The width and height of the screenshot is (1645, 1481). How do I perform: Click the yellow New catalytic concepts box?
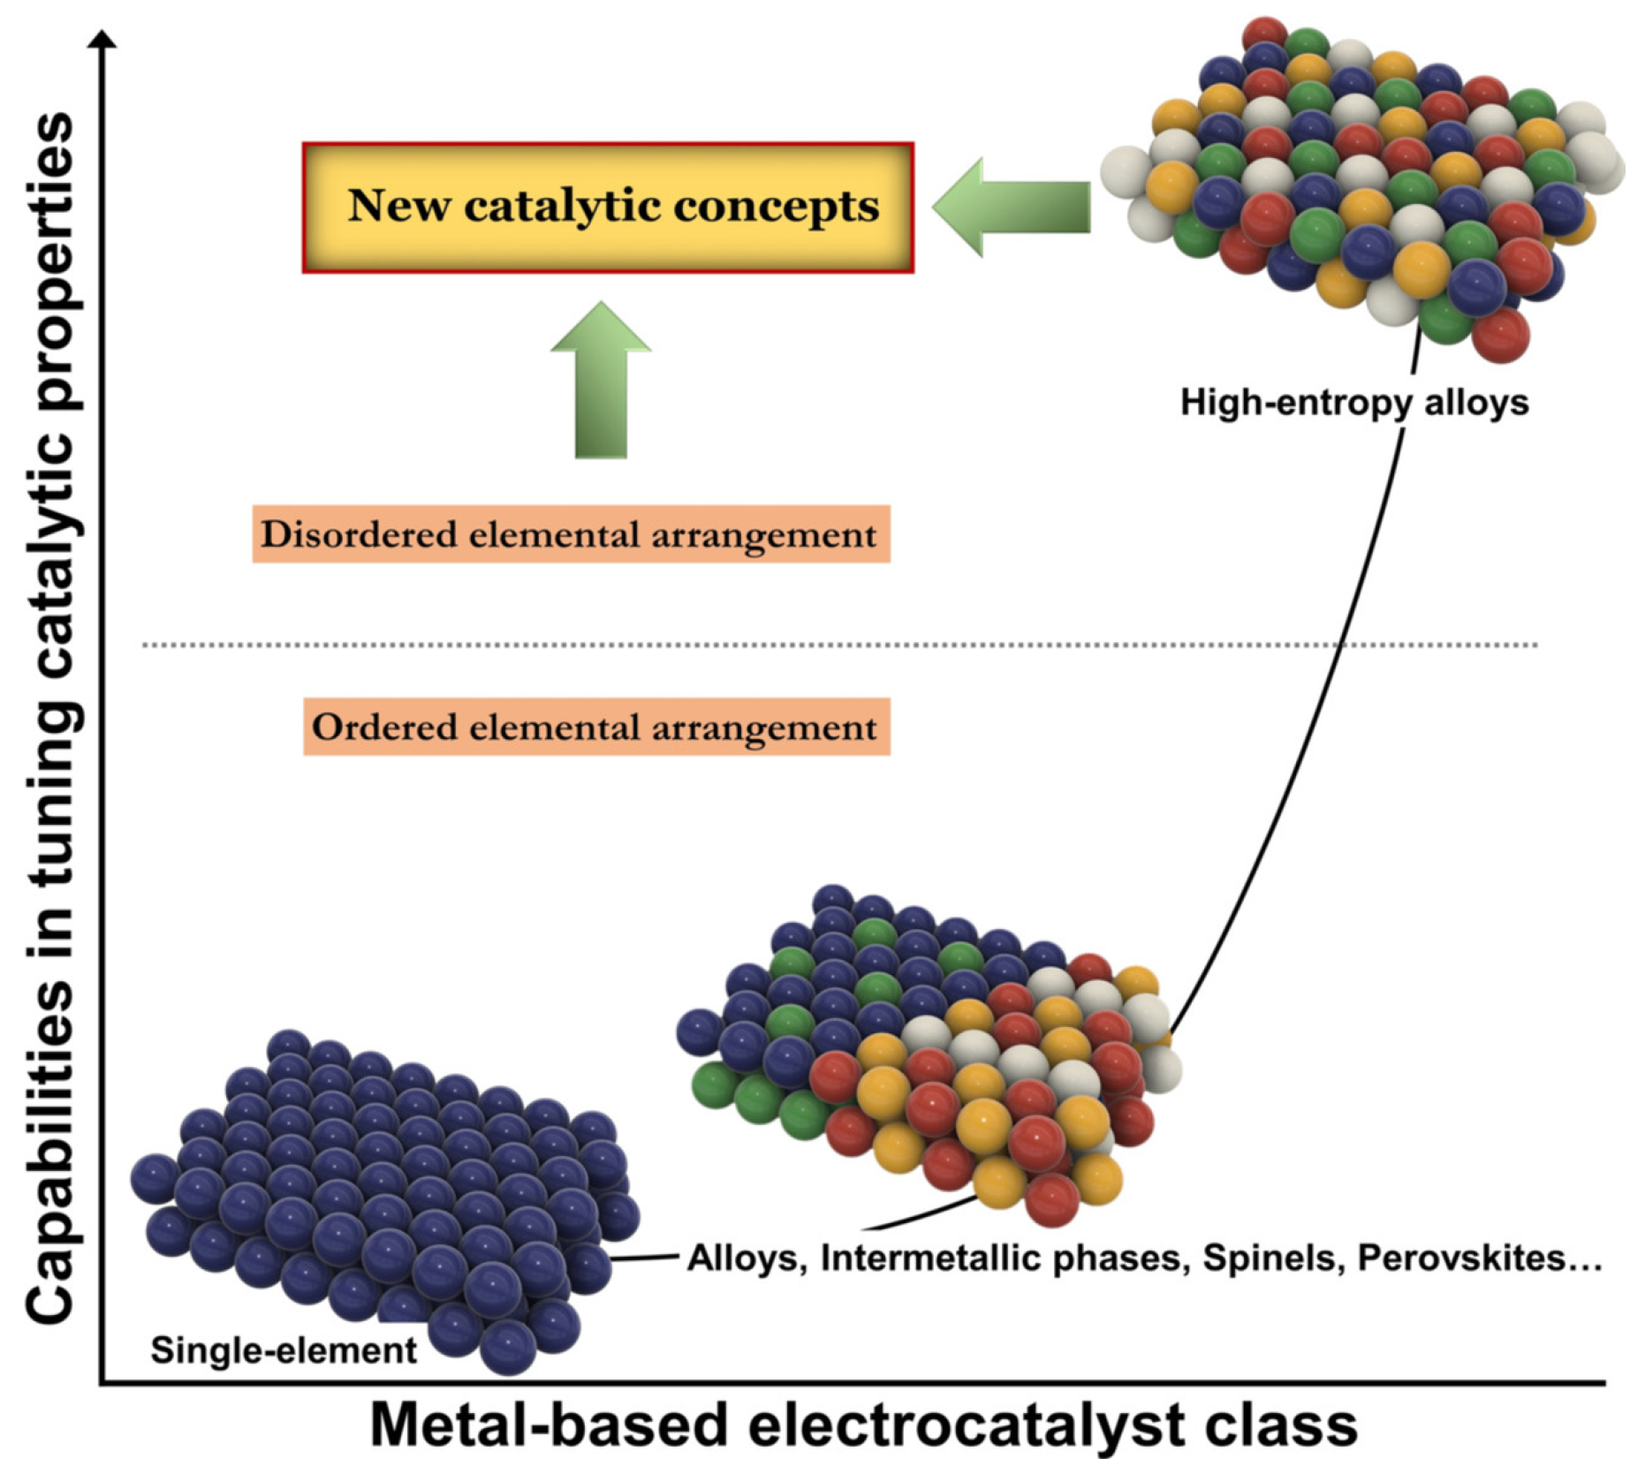pos(608,208)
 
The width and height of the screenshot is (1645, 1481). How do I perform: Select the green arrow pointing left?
pos(1012,208)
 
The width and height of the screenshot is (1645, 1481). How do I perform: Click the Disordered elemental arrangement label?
pos(571,534)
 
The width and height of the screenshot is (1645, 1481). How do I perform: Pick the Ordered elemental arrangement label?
pos(596,727)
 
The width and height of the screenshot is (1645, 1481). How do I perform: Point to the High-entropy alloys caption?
pos(1353,403)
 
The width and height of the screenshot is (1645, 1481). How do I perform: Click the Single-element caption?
pos(283,1350)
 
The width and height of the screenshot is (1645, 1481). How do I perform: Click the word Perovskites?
pos(1477,1258)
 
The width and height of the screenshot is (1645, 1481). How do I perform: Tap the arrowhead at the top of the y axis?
pos(104,39)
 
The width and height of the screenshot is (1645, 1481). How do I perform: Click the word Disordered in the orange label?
pos(358,534)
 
